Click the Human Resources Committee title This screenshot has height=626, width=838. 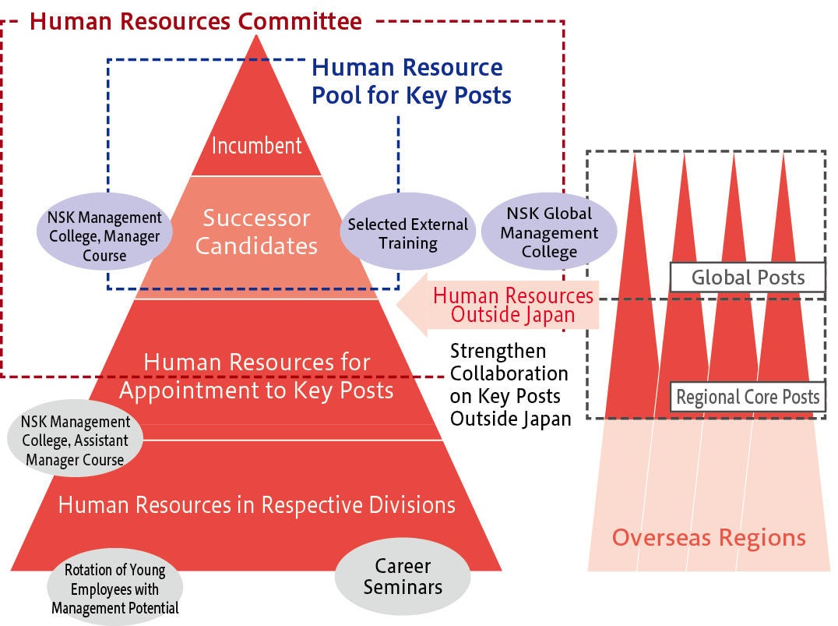tap(195, 20)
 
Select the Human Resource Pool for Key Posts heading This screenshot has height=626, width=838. tap(411, 81)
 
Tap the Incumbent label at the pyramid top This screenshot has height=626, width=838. tap(256, 146)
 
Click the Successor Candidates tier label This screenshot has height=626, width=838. tap(256, 232)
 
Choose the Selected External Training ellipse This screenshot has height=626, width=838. tap(407, 233)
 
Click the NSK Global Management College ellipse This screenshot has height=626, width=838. tap(549, 232)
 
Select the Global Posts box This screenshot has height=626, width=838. tap(747, 277)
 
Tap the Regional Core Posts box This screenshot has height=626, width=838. tap(747, 397)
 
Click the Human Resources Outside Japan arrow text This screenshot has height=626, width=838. tap(512, 306)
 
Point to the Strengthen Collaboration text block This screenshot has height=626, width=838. tap(510, 384)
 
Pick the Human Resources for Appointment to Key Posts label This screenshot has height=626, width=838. tap(256, 376)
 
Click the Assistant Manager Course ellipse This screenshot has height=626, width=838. tap(75, 440)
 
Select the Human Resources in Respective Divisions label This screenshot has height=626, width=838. tap(256, 504)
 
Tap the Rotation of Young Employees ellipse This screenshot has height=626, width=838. tap(115, 589)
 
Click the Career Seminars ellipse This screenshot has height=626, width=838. tap(403, 576)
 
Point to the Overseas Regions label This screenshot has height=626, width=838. tap(708, 537)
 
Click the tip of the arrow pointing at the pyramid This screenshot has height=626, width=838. tap(400, 306)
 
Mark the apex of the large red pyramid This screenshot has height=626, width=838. tap(256, 36)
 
